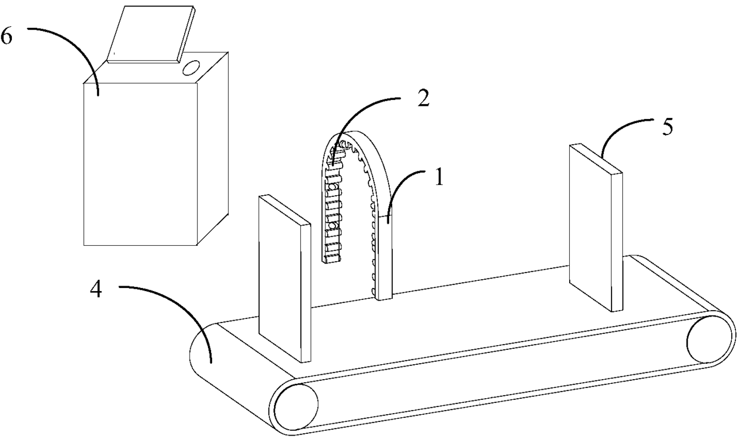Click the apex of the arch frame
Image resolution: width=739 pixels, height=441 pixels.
click(x=352, y=135)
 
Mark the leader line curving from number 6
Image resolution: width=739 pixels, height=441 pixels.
click(x=72, y=42)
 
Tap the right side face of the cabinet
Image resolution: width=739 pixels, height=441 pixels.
click(x=213, y=149)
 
